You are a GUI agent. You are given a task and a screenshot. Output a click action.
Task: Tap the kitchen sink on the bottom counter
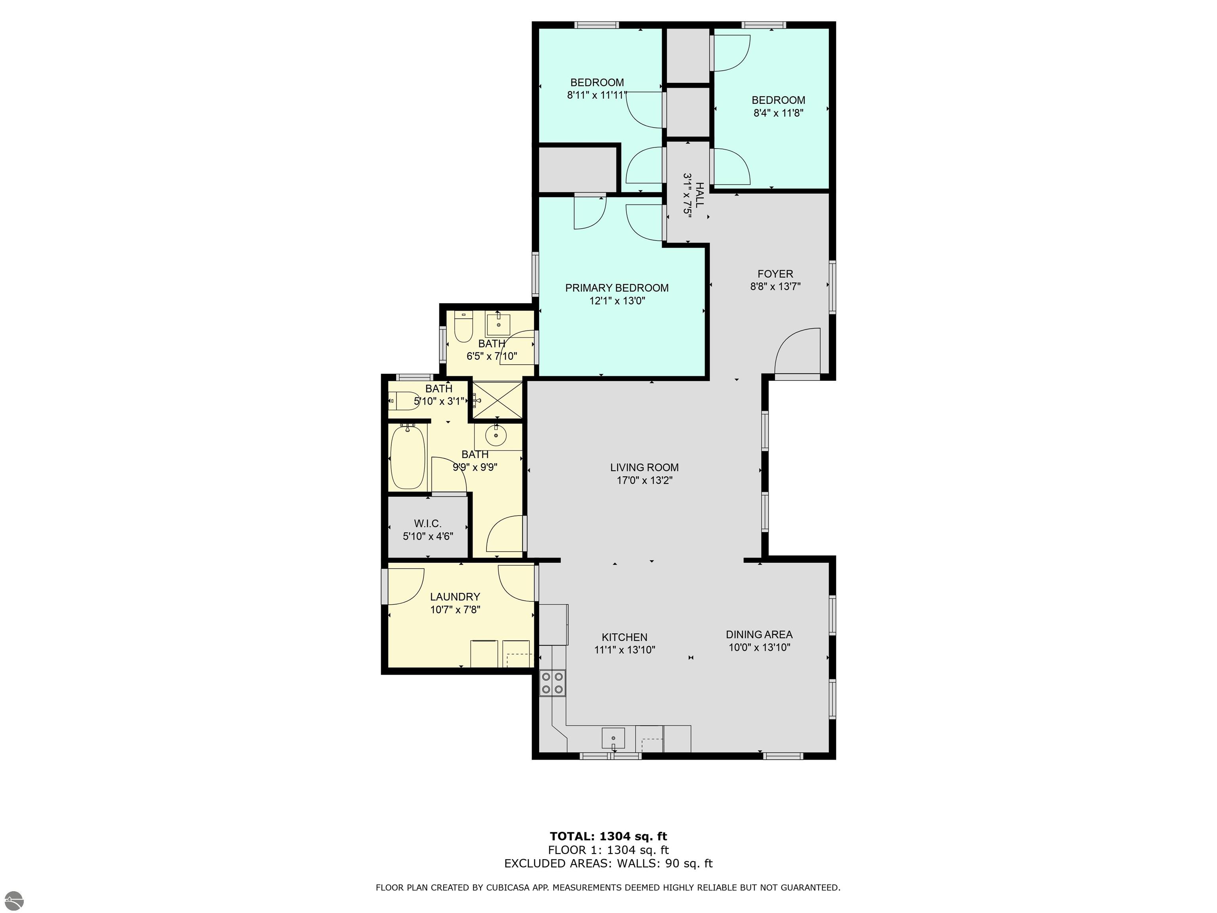(613, 737)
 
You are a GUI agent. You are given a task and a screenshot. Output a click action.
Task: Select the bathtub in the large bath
(408, 457)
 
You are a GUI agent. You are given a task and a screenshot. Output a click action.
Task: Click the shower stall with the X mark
(497, 400)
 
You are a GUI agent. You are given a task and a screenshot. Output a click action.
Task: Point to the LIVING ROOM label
(644, 467)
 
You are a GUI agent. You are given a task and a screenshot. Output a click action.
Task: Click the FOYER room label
(775, 273)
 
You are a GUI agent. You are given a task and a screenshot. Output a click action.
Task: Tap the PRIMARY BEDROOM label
(617, 288)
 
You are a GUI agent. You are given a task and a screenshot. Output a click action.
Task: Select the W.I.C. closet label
(427, 523)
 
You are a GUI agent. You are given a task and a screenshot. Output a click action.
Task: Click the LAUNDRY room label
(455, 596)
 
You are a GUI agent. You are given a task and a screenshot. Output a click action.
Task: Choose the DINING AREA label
(759, 634)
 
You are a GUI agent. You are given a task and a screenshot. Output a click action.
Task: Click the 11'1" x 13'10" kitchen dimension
(624, 650)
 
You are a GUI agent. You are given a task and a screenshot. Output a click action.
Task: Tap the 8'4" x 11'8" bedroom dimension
(778, 113)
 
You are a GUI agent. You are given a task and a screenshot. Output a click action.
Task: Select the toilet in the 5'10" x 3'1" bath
(405, 401)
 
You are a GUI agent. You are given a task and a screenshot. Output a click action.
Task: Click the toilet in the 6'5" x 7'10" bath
(464, 327)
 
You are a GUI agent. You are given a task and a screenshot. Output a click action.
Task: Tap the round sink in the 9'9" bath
(496, 436)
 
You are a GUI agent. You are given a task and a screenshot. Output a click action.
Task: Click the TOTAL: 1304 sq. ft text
(608, 837)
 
